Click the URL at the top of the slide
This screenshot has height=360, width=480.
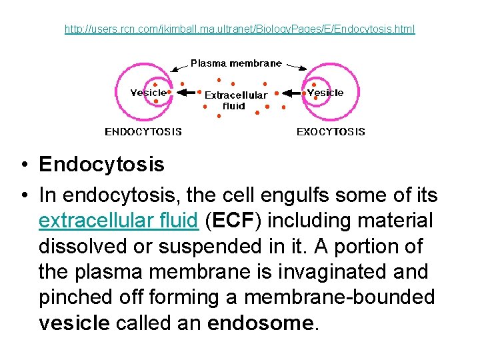(239, 29)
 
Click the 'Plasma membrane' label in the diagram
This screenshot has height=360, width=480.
(236, 63)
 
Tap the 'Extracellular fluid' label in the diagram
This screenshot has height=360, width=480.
(235, 100)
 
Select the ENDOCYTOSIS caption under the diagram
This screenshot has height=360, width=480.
(143, 131)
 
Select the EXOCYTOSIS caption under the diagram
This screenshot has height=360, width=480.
(331, 131)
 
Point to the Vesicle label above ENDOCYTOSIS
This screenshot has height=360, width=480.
(148, 93)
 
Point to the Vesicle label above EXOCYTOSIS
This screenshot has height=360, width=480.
(325, 93)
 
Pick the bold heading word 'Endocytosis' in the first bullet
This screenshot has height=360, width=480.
(101, 164)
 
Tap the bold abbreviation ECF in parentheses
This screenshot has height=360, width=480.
(232, 220)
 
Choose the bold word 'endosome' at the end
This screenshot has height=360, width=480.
(260, 324)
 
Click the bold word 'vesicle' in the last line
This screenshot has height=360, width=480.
(74, 324)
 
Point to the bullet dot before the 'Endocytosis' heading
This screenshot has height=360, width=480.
(23, 165)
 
